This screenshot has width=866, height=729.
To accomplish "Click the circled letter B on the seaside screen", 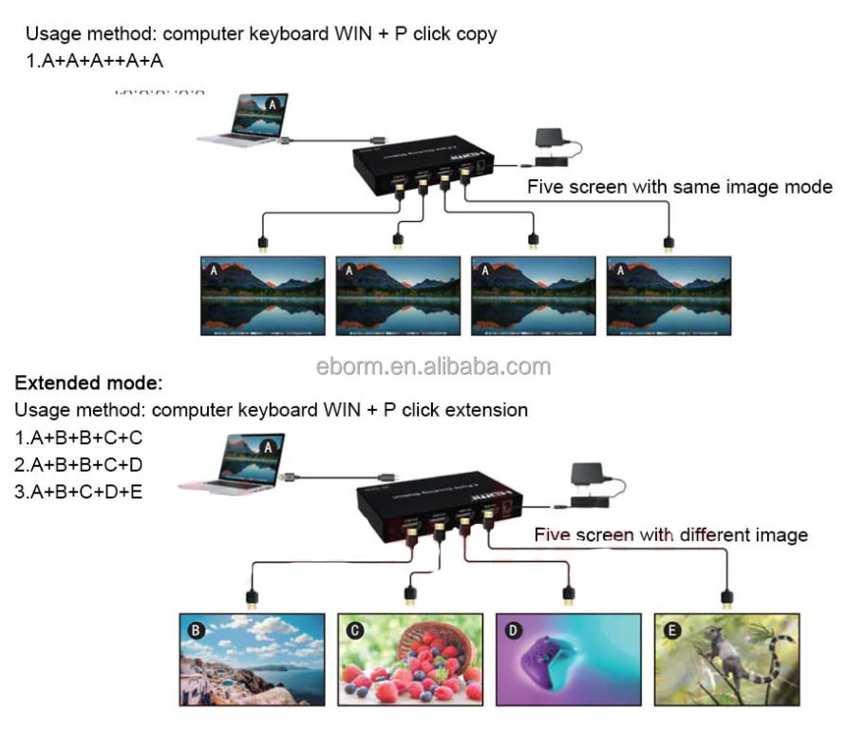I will click(196, 629).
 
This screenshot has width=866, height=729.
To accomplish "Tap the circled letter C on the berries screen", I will click(353, 629).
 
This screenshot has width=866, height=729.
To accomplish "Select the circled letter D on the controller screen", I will click(512, 629).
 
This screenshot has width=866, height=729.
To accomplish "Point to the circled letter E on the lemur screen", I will click(671, 629).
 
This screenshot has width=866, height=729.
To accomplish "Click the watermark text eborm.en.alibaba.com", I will click(432, 366).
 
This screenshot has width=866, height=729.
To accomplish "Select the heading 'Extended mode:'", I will click(89, 384).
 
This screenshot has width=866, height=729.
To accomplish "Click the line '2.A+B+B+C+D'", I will click(79, 465).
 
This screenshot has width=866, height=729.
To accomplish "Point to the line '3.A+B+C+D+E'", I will click(79, 492).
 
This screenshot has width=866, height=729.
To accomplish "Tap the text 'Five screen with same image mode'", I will click(680, 187).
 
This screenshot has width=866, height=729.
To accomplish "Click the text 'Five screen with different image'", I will click(670, 535).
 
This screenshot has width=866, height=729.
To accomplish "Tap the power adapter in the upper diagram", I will click(551, 140).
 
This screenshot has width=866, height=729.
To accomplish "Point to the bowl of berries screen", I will click(408, 659).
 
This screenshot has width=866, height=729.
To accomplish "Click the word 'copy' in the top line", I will click(475, 34).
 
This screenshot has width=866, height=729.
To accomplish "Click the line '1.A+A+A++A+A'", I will click(95, 61).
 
